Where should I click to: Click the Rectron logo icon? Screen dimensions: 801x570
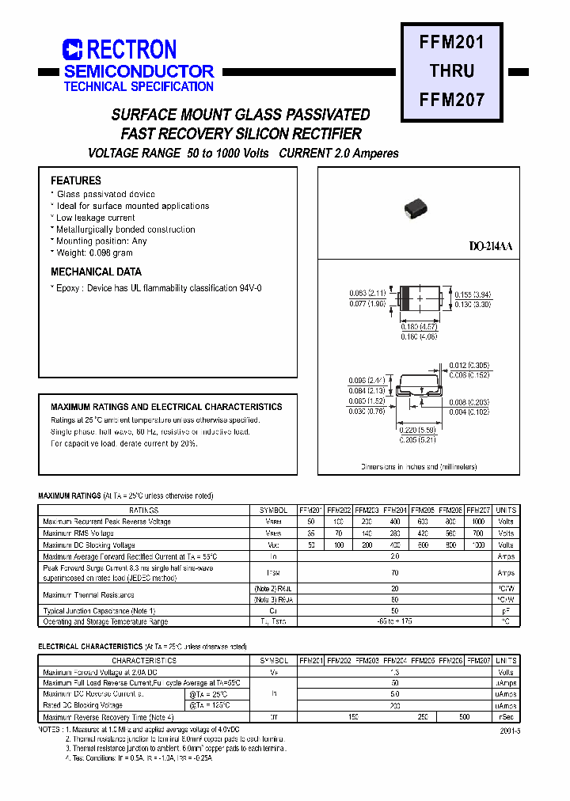tap(73, 50)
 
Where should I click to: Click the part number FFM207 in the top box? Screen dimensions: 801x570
tap(452, 100)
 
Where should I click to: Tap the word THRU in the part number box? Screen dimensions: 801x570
tap(452, 70)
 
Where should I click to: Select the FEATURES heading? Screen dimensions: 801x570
tap(76, 180)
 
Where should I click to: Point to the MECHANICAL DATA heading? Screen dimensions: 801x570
tap(96, 271)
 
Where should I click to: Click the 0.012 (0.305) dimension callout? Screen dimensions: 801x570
tap(469, 365)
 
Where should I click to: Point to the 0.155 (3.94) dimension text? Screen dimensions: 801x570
tap(473, 294)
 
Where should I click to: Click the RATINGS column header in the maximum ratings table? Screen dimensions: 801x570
tap(143, 511)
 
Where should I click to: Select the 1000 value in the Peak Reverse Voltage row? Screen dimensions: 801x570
tap(478, 522)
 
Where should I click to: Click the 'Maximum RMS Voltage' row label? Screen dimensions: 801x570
tap(78, 533)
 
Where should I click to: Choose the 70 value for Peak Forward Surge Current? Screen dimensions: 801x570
tap(394, 573)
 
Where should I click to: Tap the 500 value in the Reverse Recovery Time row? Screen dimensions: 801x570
tap(464, 716)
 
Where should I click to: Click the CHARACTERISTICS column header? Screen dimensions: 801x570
tap(143, 660)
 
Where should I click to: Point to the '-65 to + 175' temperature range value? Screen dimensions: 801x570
tap(394, 622)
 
